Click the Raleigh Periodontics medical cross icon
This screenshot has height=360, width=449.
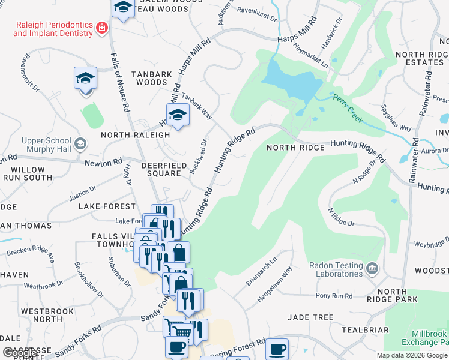(x=101, y=28)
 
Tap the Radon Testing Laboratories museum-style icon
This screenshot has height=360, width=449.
(x=372, y=266)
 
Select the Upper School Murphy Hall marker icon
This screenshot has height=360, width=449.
(x=80, y=145)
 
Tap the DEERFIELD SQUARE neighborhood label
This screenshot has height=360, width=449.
(x=161, y=169)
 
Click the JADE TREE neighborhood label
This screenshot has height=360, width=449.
(x=310, y=317)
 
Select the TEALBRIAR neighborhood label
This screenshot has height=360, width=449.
(x=365, y=329)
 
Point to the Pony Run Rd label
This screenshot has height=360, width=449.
(x=334, y=296)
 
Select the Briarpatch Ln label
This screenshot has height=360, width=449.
(x=261, y=271)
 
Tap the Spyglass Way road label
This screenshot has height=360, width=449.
(x=396, y=118)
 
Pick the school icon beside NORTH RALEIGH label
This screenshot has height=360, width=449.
(x=178, y=115)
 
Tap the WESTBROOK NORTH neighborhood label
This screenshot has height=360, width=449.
(x=41, y=316)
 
